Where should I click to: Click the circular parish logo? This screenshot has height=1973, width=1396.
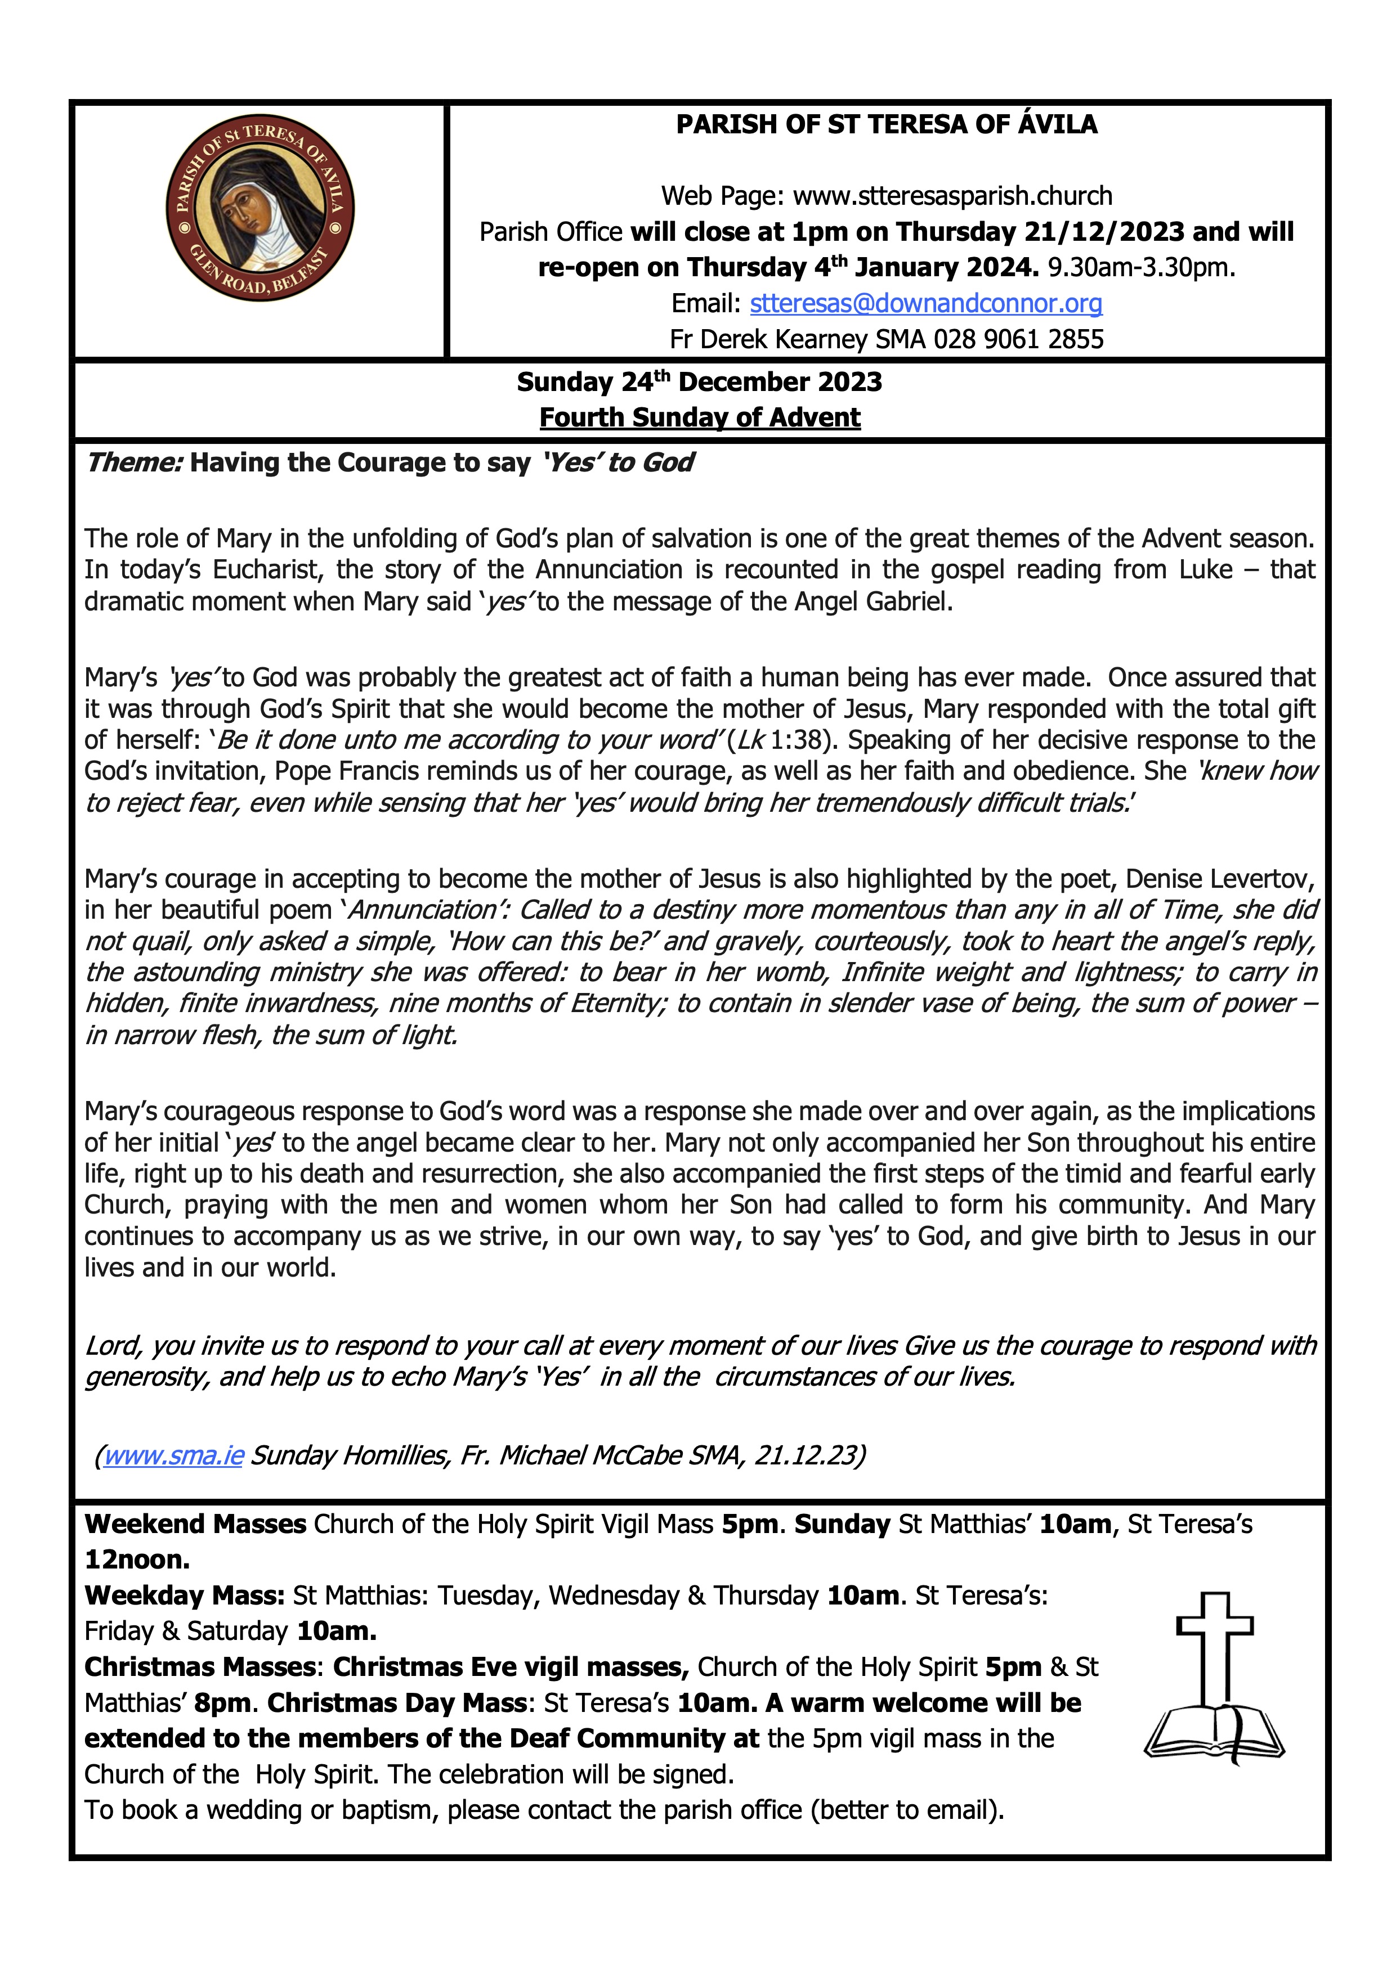[x=259, y=210]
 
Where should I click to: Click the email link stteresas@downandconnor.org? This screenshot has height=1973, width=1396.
[x=926, y=303]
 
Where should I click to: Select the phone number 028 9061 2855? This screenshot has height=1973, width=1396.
[x=1019, y=339]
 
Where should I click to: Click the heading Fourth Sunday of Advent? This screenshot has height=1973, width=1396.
[x=700, y=417]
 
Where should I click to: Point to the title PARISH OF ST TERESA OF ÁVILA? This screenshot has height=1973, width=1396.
[x=886, y=124]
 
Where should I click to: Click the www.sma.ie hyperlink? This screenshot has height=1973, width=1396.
[x=173, y=1455]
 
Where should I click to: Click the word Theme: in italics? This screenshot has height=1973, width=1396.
[x=134, y=463]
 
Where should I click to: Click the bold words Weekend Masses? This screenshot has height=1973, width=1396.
[x=195, y=1523]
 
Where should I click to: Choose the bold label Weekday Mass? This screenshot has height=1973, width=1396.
[x=185, y=1595]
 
